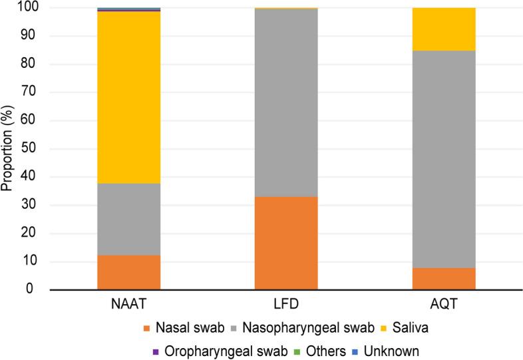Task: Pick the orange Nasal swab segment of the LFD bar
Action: pyautogui.click(x=286, y=243)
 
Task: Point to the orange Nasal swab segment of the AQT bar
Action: pyautogui.click(x=444, y=278)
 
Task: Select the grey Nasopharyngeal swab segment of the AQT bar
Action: pyautogui.click(x=444, y=159)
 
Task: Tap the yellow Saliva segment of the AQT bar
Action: pyautogui.click(x=444, y=29)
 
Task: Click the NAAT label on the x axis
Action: pyautogui.click(x=128, y=305)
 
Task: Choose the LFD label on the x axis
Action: pyautogui.click(x=286, y=305)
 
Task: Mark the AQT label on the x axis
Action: pyautogui.click(x=444, y=305)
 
